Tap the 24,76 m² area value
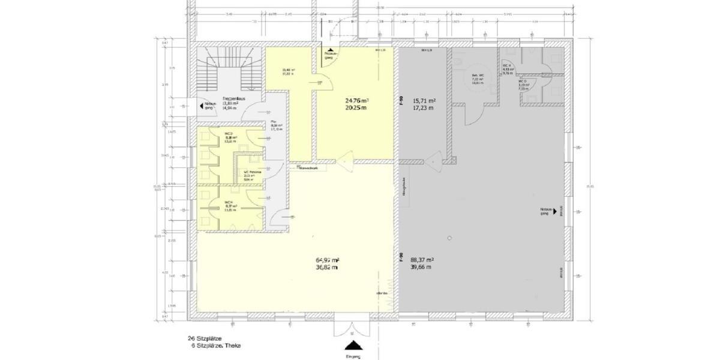coord(356,100)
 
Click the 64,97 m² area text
coord(328,260)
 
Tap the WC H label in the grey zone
coord(507,65)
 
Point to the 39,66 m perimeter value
coord(422,268)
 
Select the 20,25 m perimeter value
coord(356,108)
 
